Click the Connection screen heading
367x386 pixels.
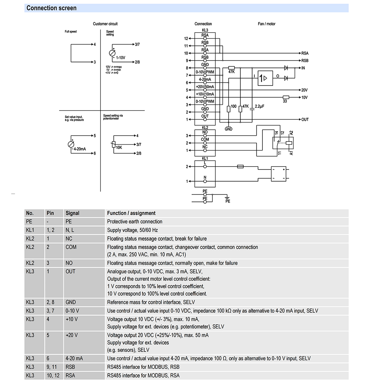click(x=51, y=8)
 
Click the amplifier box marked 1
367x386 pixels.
click(x=265, y=78)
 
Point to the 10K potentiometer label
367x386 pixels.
click(x=119, y=148)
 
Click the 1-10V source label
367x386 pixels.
click(x=121, y=58)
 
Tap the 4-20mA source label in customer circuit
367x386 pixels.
click(x=80, y=149)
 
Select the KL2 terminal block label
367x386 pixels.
click(x=205, y=127)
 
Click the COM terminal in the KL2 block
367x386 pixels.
click(x=205, y=140)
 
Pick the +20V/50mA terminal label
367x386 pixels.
click(x=205, y=87)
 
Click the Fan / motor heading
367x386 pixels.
click(x=266, y=24)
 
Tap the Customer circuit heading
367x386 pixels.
click(x=105, y=24)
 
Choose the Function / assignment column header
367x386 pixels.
click(x=131, y=213)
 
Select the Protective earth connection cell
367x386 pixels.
click(x=134, y=222)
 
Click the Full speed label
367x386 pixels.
click(x=70, y=32)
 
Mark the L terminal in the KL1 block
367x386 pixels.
click(x=205, y=163)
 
